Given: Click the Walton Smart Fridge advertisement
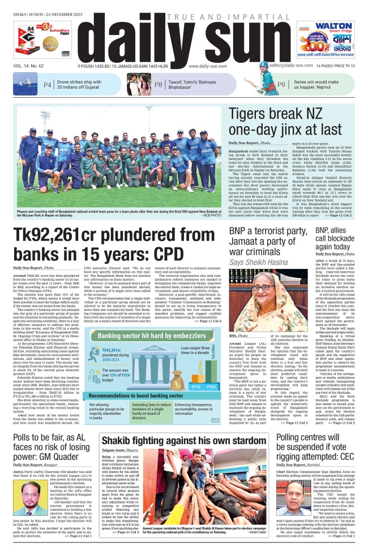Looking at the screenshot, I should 336,41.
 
